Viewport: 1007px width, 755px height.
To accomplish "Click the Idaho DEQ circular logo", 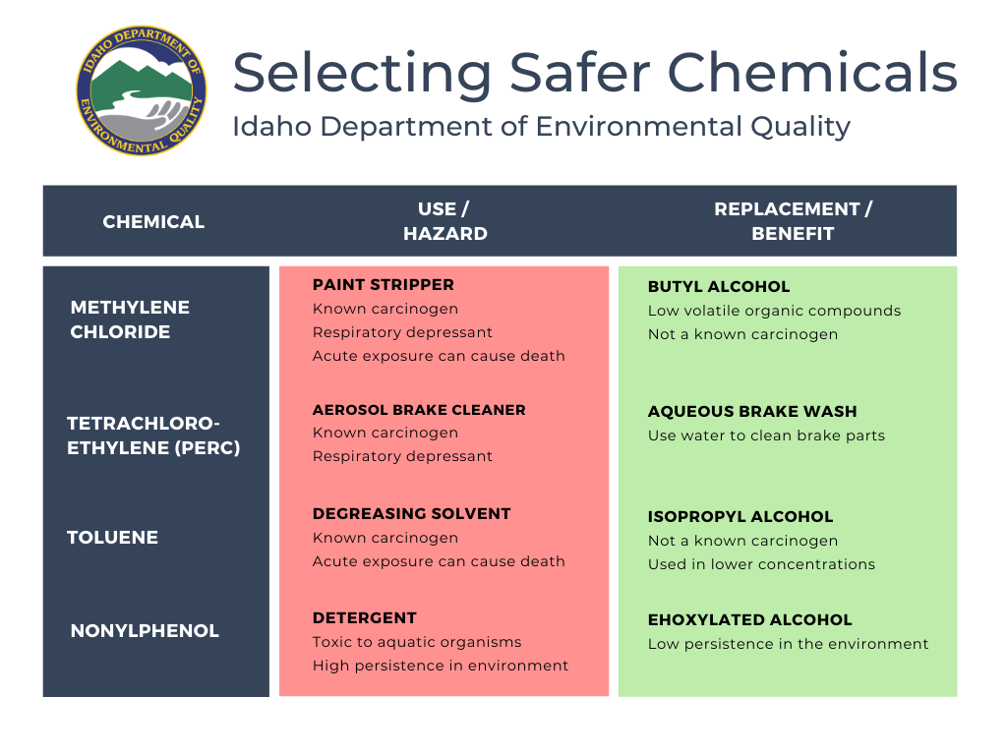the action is tap(142, 90).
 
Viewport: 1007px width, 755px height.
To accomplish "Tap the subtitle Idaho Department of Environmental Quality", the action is tap(541, 127).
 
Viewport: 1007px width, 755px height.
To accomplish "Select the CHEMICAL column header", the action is tap(153, 221).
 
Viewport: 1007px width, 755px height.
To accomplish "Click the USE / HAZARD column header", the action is tap(445, 221).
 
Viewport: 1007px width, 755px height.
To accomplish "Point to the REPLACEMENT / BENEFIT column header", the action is tap(794, 221).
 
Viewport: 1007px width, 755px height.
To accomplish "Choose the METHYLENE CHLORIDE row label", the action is tap(130, 319).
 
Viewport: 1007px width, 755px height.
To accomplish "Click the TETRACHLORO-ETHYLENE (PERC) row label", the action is tap(153, 436).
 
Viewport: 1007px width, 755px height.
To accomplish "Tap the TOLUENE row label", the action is tap(112, 538).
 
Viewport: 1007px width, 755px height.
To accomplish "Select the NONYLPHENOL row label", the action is tap(145, 631).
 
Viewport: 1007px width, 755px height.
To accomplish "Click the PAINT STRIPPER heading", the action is tap(384, 284).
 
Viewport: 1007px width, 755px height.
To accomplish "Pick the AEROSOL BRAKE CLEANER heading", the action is tap(419, 410).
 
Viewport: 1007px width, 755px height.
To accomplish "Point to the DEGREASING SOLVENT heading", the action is tap(412, 513).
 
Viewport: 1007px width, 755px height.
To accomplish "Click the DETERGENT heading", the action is tap(365, 618).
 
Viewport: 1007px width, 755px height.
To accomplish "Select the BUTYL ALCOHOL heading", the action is tap(719, 286).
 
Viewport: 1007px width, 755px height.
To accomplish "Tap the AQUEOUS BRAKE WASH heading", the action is tap(752, 412).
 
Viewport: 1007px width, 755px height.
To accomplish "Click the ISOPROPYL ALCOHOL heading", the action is tap(740, 517).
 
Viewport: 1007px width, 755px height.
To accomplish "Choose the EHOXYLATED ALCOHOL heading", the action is tap(750, 620).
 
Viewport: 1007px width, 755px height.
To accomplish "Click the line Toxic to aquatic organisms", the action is tap(417, 642).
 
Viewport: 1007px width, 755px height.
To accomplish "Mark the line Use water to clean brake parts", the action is tap(766, 436).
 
